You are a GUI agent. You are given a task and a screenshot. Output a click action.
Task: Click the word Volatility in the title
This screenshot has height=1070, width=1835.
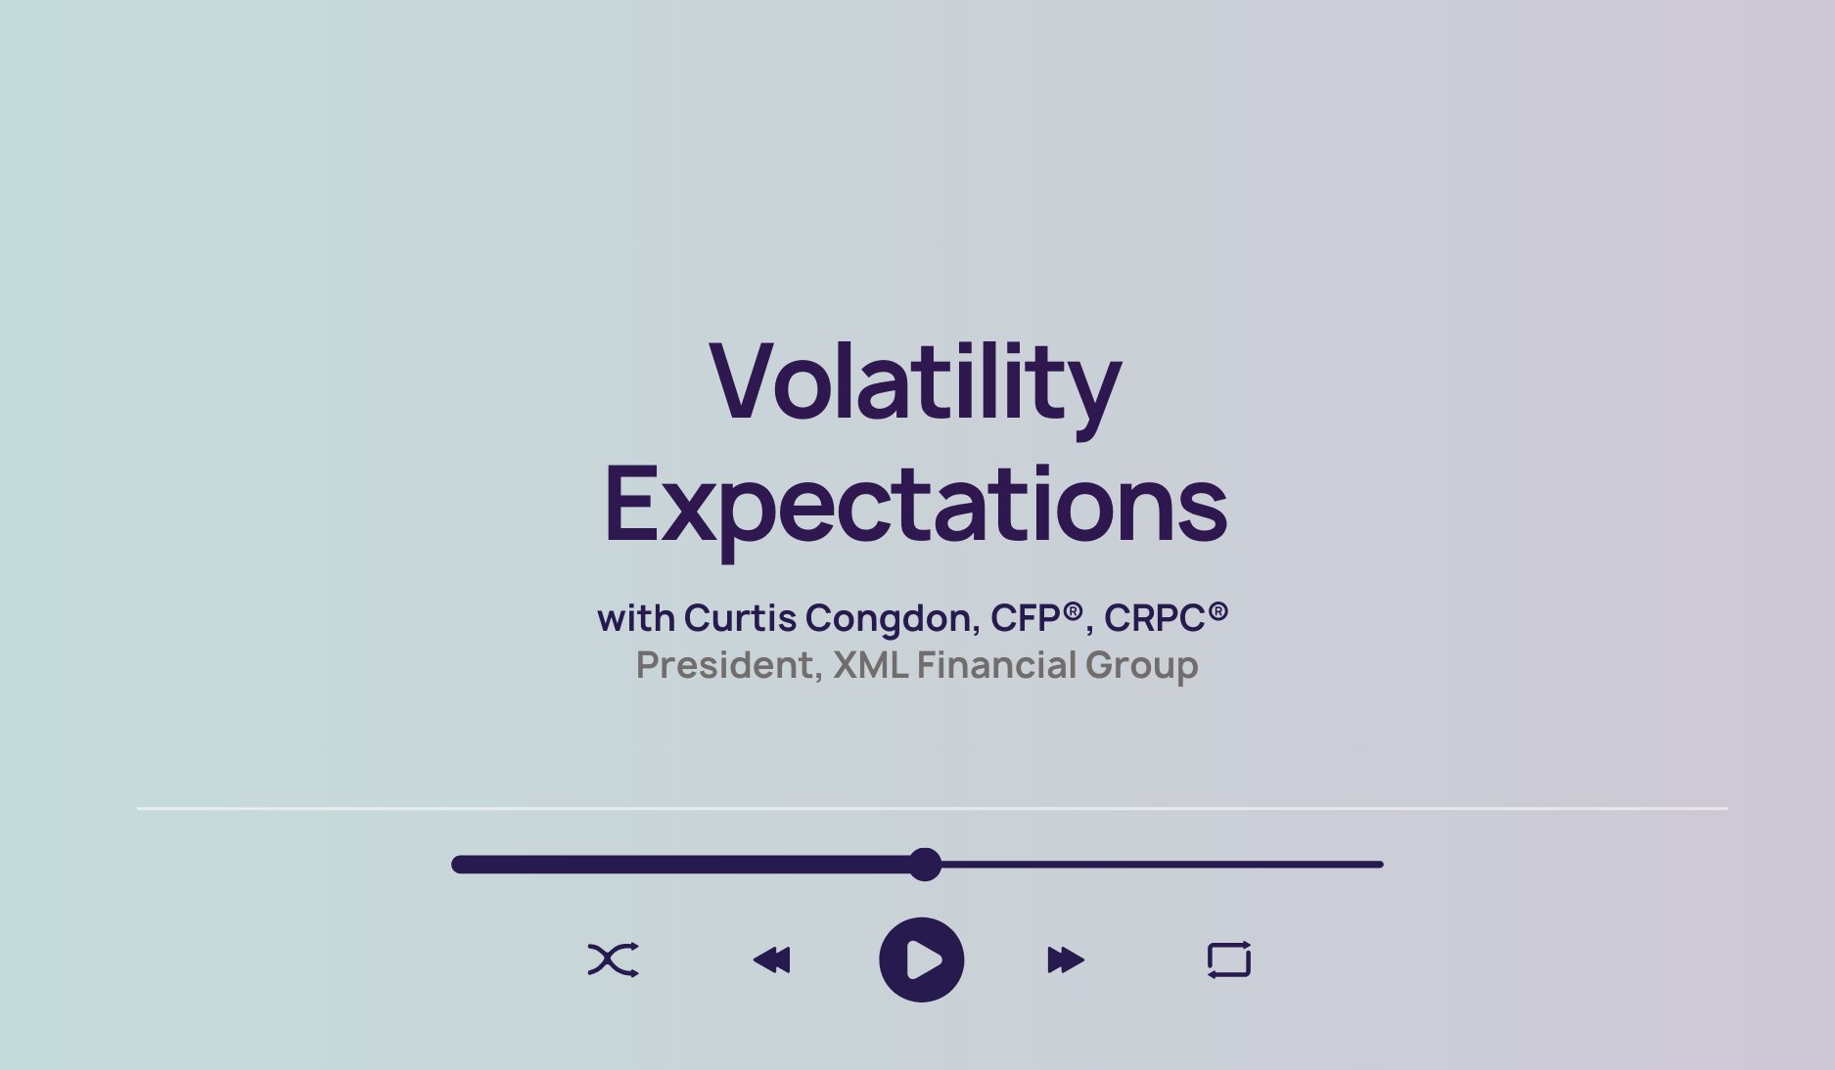(915, 383)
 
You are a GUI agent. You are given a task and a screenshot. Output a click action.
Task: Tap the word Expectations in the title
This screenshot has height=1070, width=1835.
(915, 506)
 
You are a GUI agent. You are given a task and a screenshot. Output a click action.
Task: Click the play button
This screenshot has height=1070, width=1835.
(921, 959)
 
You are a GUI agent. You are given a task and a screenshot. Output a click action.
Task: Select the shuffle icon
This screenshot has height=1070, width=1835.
(613, 959)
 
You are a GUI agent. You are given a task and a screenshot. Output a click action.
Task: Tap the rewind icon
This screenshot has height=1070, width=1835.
(771, 959)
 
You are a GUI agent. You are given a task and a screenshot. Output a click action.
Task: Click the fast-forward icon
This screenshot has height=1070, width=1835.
(1066, 959)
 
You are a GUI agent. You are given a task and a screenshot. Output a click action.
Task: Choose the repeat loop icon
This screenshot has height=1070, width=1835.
(1229, 959)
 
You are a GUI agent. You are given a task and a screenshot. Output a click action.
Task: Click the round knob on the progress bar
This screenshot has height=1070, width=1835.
(924, 865)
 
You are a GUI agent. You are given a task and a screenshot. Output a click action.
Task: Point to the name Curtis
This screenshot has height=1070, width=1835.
(740, 618)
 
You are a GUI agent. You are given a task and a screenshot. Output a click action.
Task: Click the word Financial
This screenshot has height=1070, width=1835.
(996, 665)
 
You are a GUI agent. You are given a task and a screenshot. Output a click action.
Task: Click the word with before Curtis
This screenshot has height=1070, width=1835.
(636, 618)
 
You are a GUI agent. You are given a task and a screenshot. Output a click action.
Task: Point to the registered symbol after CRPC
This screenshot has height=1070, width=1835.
(1217, 611)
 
